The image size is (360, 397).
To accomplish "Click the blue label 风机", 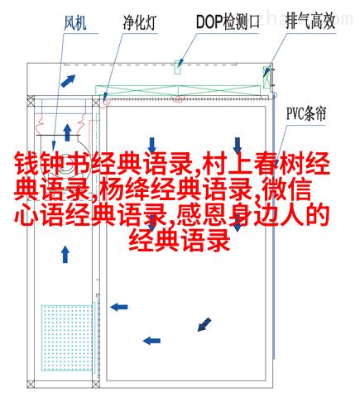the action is point(75,22).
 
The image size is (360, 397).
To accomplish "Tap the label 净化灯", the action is point(140,22).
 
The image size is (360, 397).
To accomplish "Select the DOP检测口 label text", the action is point(228,22).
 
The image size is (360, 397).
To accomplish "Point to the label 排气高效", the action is point(310,21).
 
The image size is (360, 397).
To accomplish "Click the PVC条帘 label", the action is point(306,113).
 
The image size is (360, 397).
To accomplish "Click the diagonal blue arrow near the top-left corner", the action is point(68,81).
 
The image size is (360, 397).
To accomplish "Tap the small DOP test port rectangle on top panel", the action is point(178,67).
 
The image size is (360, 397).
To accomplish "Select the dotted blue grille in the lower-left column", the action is point(67,337).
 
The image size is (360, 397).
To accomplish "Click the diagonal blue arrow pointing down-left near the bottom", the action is point(204,324).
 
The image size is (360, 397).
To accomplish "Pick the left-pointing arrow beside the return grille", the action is point(119,307).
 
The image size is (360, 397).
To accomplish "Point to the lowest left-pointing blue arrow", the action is point(151,341).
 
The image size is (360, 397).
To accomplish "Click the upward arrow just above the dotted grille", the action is point(65,255).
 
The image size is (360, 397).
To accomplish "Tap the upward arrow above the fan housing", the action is point(67,132).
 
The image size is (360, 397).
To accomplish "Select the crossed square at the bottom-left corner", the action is point(31,384).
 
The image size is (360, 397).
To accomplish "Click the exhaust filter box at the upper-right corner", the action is point(266,77).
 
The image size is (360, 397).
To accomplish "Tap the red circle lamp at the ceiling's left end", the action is point(106,102).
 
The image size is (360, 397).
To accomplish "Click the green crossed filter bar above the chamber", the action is point(178,90).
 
